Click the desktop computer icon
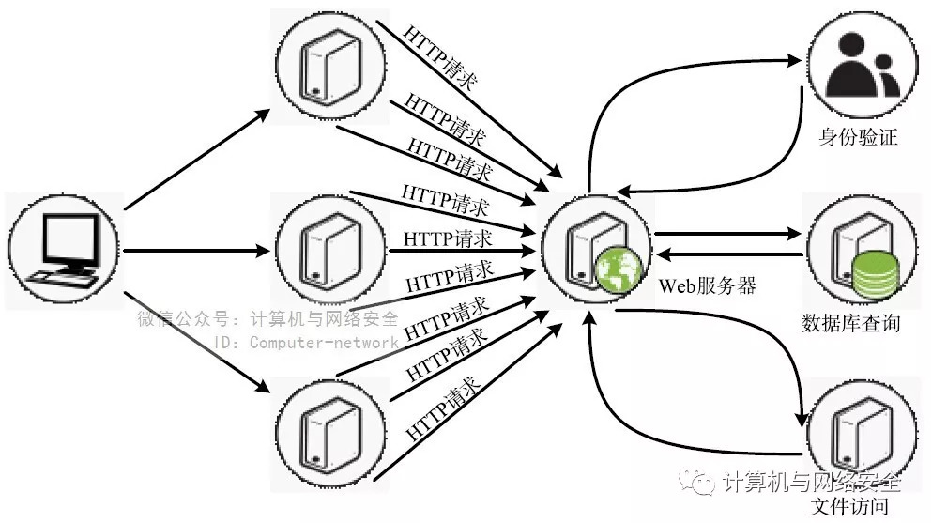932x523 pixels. [65, 250]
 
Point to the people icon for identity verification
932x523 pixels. [858, 67]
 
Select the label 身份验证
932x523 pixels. [858, 138]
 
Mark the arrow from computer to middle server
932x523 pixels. [197, 251]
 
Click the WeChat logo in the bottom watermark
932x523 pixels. [703, 482]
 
